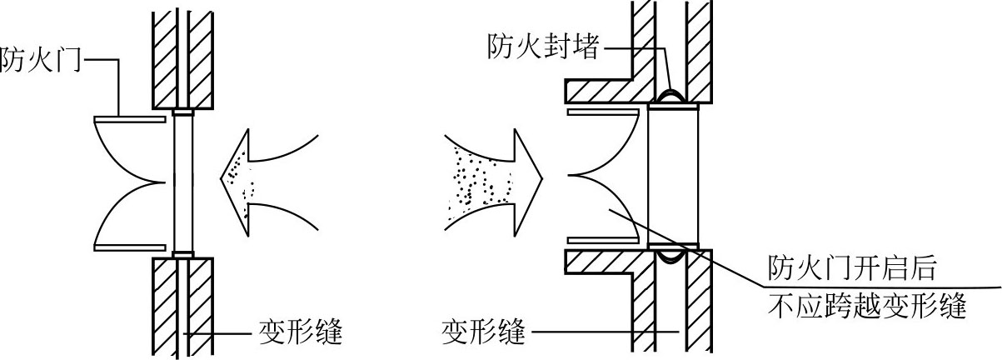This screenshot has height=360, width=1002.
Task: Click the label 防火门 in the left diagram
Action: click(x=40, y=59)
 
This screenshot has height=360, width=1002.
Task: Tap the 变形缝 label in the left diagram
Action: click(x=301, y=333)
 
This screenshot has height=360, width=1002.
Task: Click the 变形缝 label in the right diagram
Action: click(x=483, y=333)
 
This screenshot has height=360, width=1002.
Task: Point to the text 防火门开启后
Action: click(x=852, y=267)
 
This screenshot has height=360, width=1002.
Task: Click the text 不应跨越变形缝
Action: click(x=866, y=307)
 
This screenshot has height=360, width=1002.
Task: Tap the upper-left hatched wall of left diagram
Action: click(x=164, y=60)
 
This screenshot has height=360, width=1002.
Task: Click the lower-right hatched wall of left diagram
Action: click(x=200, y=307)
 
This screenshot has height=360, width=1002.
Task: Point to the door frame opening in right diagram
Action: click(x=673, y=177)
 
